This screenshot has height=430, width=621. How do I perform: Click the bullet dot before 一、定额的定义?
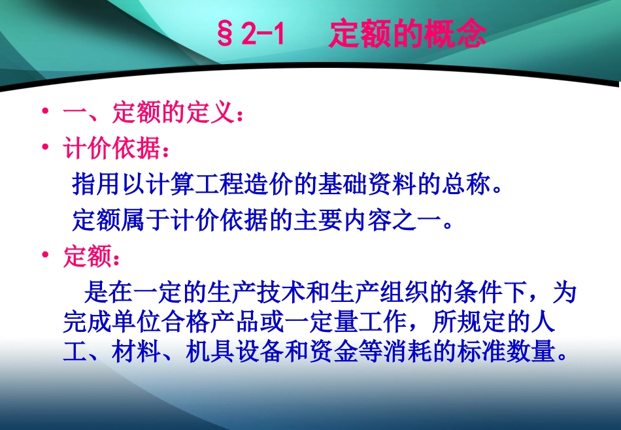point(44,112)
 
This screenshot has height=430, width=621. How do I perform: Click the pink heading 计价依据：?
point(117,149)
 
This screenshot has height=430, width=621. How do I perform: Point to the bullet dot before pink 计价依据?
point(44,148)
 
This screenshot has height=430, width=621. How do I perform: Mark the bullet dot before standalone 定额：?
point(44,256)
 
